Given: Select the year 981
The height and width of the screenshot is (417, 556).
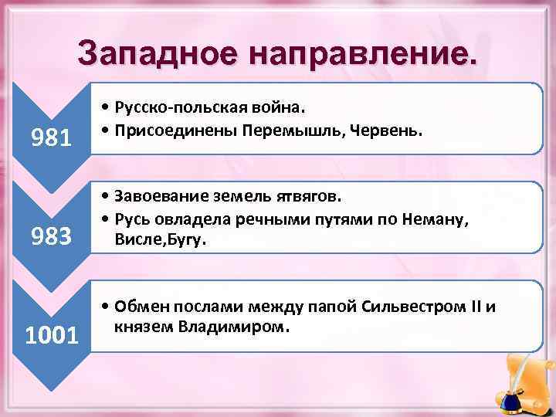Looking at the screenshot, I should pyautogui.click(x=50, y=137).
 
